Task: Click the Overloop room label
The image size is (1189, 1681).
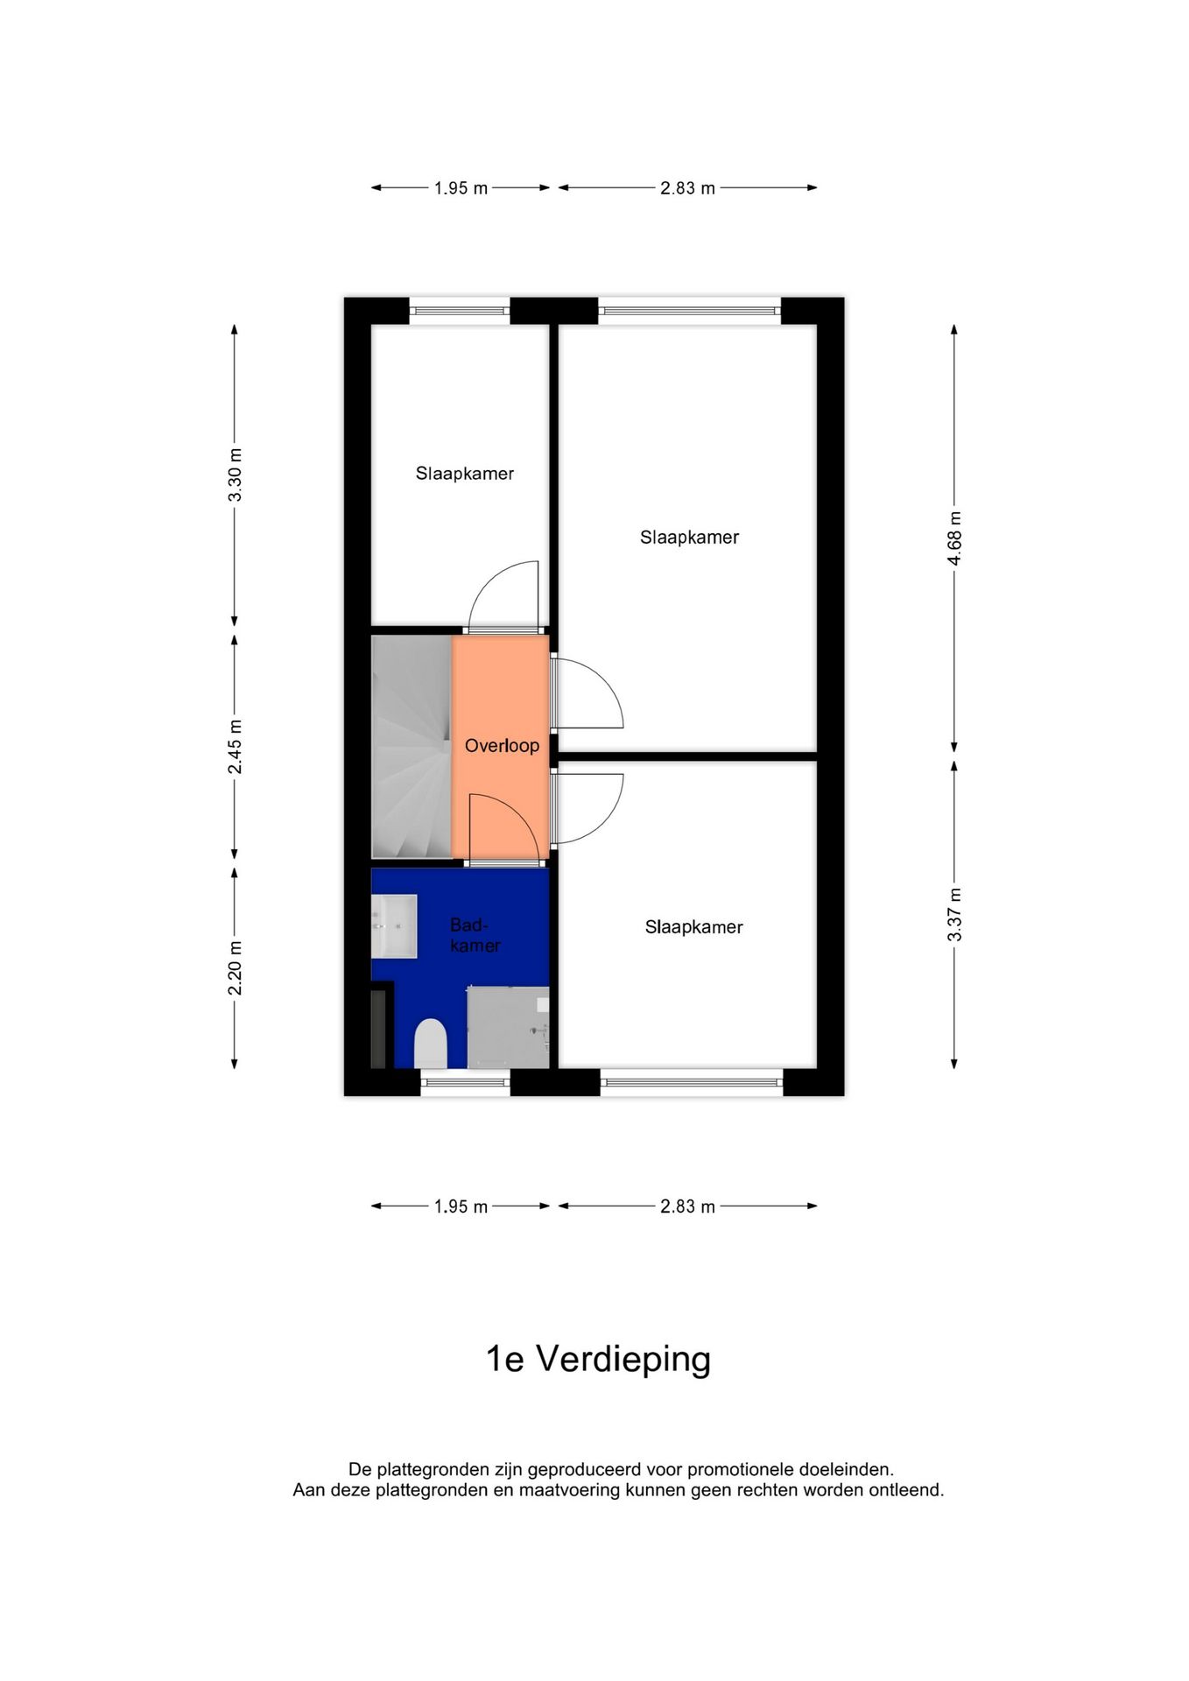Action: (502, 745)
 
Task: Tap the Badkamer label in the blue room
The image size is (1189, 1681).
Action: (475, 935)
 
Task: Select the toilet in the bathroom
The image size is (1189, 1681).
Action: (430, 1044)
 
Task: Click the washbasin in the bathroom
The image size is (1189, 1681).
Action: (394, 925)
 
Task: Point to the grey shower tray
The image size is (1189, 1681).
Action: (508, 1027)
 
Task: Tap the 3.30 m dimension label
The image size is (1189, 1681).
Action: (235, 475)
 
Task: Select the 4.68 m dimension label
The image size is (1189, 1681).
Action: (954, 538)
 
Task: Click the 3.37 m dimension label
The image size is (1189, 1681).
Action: (954, 914)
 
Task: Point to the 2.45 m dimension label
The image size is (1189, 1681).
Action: (235, 747)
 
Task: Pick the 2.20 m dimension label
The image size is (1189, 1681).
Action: (235, 967)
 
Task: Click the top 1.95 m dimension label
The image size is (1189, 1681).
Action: (461, 188)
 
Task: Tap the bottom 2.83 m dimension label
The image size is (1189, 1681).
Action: (687, 1206)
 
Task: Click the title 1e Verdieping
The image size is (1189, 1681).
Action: (598, 1359)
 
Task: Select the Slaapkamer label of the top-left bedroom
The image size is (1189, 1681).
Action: (464, 474)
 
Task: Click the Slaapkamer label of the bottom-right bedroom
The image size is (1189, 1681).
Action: (693, 927)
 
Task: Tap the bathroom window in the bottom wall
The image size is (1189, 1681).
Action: (465, 1082)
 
